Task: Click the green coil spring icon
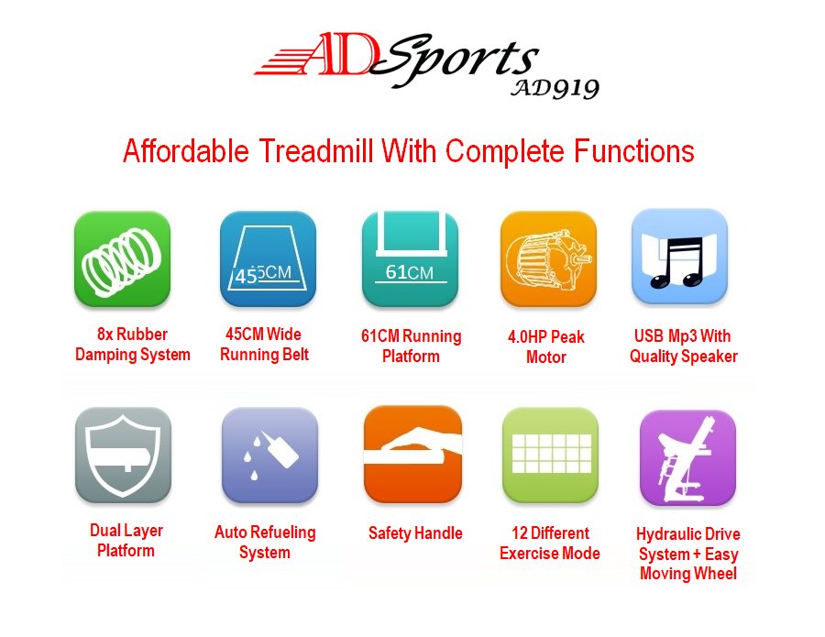tap(122, 259)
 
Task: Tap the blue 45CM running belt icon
tap(268, 259)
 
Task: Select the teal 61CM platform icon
tap(410, 259)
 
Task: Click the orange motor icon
tap(548, 259)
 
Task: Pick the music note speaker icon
tap(679, 257)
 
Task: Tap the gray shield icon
tap(123, 456)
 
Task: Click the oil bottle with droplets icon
tap(269, 456)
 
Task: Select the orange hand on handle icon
tap(412, 454)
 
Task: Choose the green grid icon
tap(550, 455)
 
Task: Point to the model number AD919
tap(555, 89)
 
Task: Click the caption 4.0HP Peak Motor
tap(546, 347)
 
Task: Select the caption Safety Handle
tap(415, 533)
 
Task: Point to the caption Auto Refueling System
tap(265, 543)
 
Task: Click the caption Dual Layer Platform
tap(126, 541)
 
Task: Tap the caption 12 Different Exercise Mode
tap(550, 544)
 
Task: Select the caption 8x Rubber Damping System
tap(133, 345)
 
